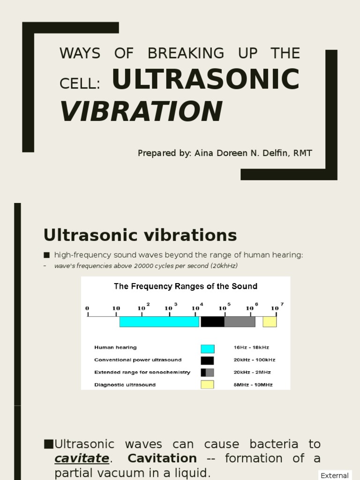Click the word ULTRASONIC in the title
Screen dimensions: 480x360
pyautogui.click(x=206, y=79)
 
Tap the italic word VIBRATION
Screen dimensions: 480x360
pyautogui.click(x=141, y=111)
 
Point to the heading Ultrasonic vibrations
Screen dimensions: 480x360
pyautogui.click(x=140, y=234)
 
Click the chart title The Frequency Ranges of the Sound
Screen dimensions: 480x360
pyautogui.click(x=186, y=286)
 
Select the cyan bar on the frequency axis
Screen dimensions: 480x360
pyautogui.click(x=159, y=322)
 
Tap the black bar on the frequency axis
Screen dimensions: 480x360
pyautogui.click(x=212, y=322)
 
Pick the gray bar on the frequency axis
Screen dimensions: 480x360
pyautogui.click(x=240, y=322)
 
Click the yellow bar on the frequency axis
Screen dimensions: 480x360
pyautogui.click(x=270, y=322)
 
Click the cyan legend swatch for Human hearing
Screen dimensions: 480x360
pyautogui.click(x=207, y=348)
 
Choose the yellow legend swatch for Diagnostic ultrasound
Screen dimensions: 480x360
pyautogui.click(x=207, y=385)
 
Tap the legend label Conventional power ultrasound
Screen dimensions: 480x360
pyautogui.click(x=138, y=360)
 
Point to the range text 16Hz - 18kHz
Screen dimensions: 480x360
pyautogui.click(x=251, y=348)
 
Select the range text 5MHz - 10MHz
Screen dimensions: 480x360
pyautogui.click(x=253, y=385)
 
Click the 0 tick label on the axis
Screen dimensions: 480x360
pyautogui.click(x=87, y=308)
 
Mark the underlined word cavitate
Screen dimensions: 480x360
pyautogui.click(x=82, y=458)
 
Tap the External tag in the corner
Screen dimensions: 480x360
pyautogui.click(x=334, y=475)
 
